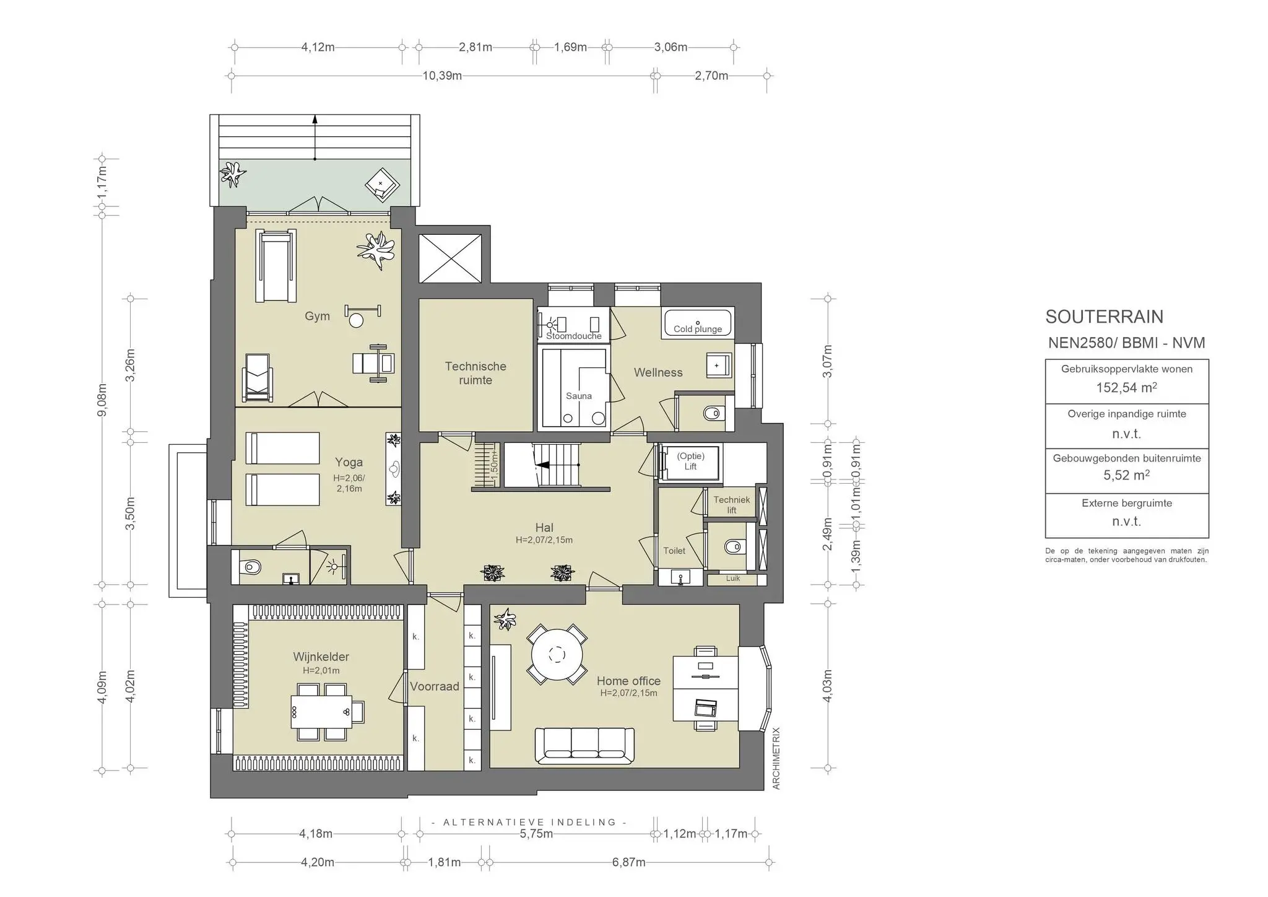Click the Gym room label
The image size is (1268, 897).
click(x=317, y=316)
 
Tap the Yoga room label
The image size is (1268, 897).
click(x=349, y=462)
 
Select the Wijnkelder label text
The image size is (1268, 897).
click(x=321, y=657)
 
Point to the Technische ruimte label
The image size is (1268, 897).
click(x=475, y=373)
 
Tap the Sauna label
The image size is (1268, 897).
click(x=579, y=396)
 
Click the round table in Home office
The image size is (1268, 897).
click(x=557, y=654)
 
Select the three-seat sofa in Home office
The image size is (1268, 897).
click(x=584, y=745)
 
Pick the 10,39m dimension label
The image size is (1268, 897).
click(x=442, y=76)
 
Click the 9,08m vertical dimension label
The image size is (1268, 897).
click(x=103, y=400)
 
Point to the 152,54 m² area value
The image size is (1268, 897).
click(x=1127, y=388)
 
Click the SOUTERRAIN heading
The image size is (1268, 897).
click(x=1105, y=317)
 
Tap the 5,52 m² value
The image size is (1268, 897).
click(x=1127, y=475)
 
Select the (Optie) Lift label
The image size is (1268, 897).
click(x=690, y=462)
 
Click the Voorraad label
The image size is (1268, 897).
click(x=435, y=686)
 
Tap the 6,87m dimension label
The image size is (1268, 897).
click(x=629, y=862)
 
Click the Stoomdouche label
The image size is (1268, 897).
click(x=574, y=336)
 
